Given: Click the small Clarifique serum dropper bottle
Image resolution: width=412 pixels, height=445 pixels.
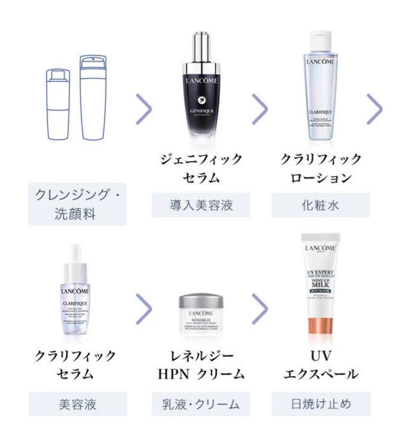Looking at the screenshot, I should pos(75,297).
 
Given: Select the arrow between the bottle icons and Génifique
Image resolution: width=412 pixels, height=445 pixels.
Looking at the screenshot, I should pos(144,109).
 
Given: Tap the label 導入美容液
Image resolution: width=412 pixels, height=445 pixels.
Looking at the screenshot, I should pos(201,205).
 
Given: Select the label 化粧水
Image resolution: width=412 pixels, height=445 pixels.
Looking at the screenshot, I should pos(320,205).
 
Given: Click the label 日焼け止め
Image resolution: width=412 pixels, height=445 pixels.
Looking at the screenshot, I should pos(320,404).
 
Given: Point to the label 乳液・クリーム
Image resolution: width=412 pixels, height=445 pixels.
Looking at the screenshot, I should pos(201,404).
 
